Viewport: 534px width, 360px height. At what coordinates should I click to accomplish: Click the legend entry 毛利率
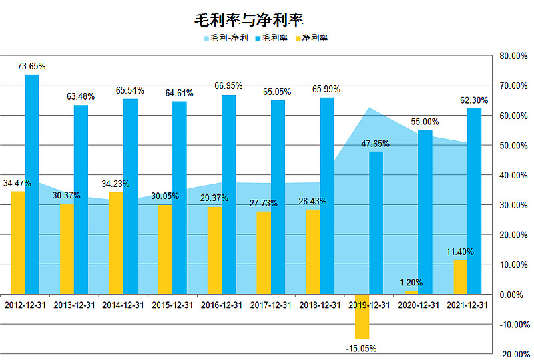click(x=274, y=38)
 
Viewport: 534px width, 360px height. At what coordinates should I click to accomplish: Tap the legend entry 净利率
click(x=314, y=38)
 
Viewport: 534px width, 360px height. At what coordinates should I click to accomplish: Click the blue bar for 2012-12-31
click(x=31, y=184)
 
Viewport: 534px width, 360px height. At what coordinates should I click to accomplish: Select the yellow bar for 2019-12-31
click(x=362, y=317)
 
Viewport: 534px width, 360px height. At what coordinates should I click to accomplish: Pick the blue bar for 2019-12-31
click(x=376, y=223)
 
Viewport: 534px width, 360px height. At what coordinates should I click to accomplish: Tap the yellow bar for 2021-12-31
click(x=460, y=277)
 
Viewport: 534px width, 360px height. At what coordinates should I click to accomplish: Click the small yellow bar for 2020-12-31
click(x=411, y=293)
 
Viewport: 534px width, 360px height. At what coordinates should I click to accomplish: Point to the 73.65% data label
click(x=31, y=66)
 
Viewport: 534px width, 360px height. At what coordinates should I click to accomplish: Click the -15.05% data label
click(x=362, y=348)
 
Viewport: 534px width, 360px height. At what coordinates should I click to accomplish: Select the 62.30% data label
click(x=474, y=100)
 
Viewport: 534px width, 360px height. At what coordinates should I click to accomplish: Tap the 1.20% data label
click(x=411, y=283)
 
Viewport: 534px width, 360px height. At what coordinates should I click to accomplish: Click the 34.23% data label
click(x=115, y=184)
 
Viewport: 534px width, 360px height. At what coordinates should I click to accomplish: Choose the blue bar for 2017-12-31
click(x=278, y=196)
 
